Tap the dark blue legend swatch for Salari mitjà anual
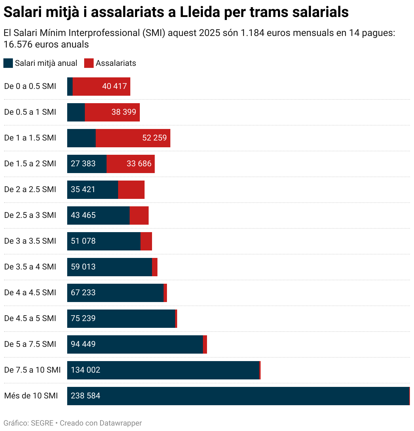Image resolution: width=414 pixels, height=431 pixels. tap(8, 63)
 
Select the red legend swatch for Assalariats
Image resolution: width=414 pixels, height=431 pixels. tap(89, 63)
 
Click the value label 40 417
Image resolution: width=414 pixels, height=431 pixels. tap(114, 86)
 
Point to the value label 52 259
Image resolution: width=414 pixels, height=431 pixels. tap(154, 138)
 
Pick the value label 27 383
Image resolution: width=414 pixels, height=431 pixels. tap(83, 164)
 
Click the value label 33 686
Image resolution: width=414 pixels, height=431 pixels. tap(139, 164)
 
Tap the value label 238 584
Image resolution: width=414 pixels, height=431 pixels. tap(86, 396)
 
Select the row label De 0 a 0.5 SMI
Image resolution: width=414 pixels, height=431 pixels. tap(30, 86)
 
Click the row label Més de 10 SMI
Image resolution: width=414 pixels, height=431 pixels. tap(31, 396)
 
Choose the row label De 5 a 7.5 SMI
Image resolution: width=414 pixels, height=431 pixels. tap(30, 344)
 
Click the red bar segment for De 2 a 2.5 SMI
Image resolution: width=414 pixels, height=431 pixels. tap(131, 189)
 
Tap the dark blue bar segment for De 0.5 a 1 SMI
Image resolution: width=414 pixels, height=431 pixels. tap(76, 112)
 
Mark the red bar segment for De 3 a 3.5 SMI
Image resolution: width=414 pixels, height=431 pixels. tap(146, 241)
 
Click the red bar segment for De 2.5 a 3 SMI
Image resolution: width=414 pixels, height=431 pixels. tap(139, 215)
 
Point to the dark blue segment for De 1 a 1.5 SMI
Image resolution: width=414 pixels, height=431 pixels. tap(81, 138)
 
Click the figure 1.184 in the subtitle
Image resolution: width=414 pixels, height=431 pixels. tap(252, 33)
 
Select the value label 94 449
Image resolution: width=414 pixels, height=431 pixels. tap(83, 344)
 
